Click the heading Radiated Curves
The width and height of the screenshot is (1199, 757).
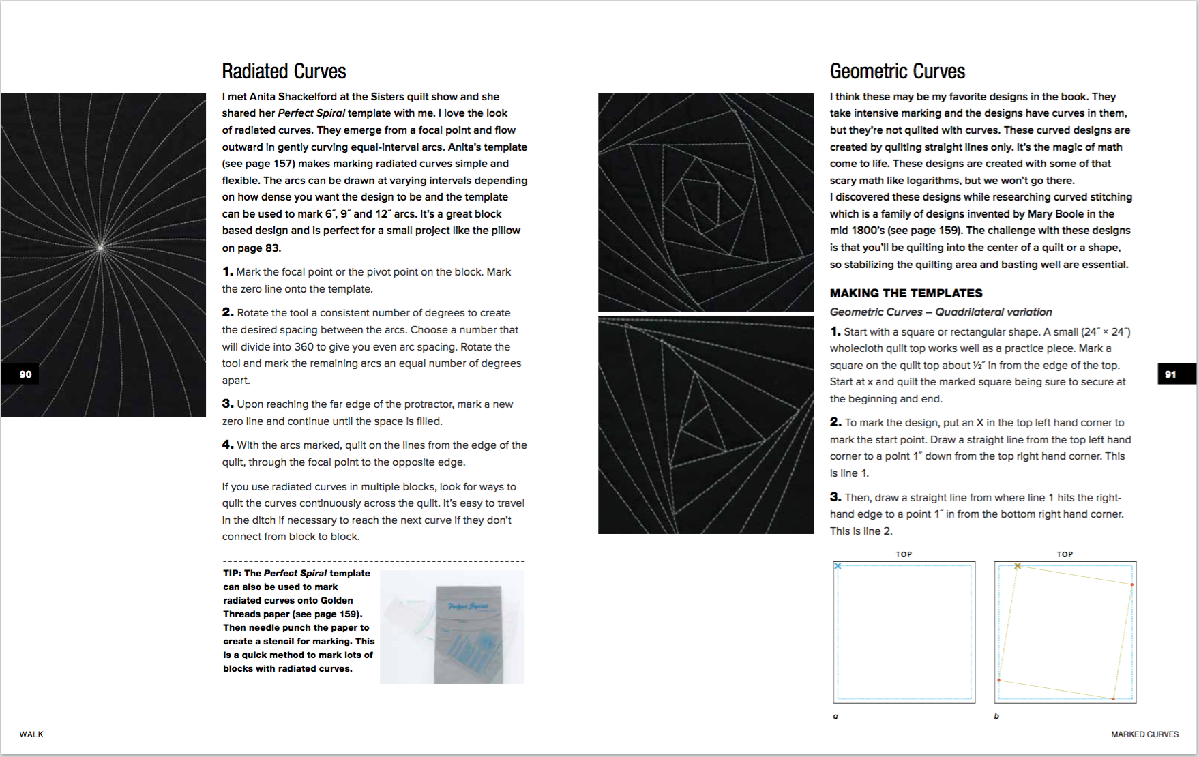tap(284, 72)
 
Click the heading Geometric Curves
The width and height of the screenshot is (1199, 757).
tap(897, 72)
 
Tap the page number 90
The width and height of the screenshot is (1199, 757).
tap(25, 374)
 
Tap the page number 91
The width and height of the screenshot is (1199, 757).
tap(1170, 374)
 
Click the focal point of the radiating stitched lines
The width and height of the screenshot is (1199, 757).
tap(101, 248)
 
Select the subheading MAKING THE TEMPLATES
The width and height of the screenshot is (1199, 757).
tap(906, 293)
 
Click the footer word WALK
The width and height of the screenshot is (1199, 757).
tap(31, 734)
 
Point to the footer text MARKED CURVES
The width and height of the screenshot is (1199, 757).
tap(1144, 734)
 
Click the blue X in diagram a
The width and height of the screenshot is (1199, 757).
tap(838, 566)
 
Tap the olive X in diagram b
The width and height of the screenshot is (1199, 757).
tap(1018, 566)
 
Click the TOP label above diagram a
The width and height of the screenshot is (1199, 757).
tap(904, 554)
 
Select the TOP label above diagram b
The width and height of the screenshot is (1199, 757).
tap(1065, 554)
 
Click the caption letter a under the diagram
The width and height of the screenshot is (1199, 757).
tap(835, 716)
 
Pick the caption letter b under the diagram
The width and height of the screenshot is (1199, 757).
tap(996, 716)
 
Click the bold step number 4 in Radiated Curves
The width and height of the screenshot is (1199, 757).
tap(227, 445)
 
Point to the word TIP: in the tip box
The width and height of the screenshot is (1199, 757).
tap(232, 574)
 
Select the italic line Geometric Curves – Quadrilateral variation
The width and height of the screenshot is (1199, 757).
tap(941, 312)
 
